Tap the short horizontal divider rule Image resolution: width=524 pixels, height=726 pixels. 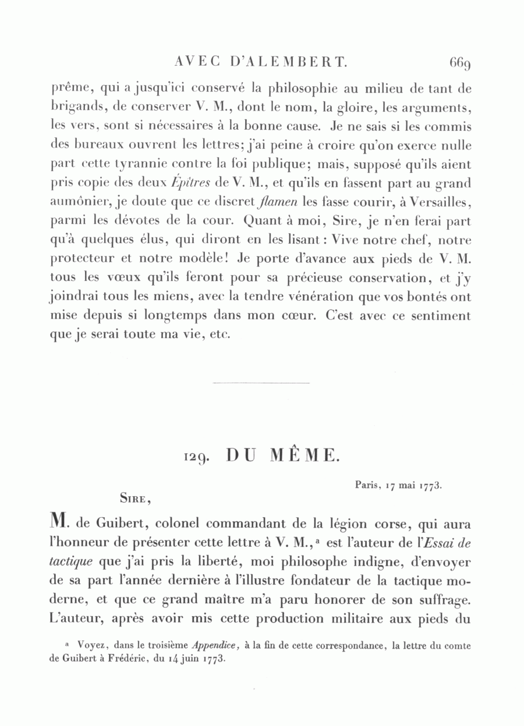261,383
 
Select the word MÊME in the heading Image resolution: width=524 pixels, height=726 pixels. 305,456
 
